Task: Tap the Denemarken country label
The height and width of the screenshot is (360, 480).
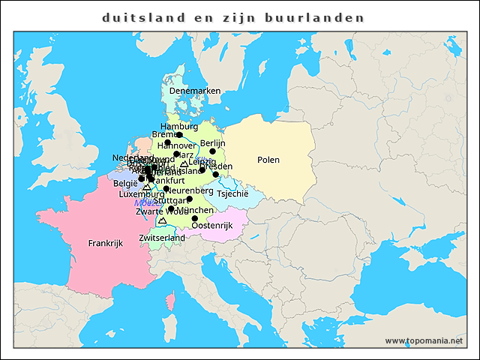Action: (x=195, y=91)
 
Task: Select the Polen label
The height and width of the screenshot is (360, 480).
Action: (x=268, y=160)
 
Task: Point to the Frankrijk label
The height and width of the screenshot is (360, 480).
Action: (x=105, y=243)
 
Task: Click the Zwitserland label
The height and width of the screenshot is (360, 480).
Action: (x=162, y=238)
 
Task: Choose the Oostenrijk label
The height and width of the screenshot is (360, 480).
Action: (x=213, y=225)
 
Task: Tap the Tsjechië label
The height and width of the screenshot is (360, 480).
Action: (x=232, y=193)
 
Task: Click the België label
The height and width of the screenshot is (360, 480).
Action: (x=125, y=183)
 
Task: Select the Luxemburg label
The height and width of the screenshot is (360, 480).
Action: (x=136, y=193)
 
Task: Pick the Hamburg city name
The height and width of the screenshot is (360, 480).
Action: (x=179, y=126)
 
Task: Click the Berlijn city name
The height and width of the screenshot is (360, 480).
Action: (x=213, y=142)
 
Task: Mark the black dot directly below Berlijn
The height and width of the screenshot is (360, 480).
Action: (x=213, y=151)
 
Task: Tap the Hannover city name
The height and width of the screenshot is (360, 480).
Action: (x=177, y=145)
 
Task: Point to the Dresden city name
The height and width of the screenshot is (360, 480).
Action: (x=217, y=166)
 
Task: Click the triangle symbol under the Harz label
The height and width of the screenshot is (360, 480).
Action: (x=184, y=163)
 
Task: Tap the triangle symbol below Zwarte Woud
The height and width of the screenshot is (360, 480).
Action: (x=162, y=221)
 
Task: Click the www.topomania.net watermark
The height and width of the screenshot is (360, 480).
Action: (x=424, y=340)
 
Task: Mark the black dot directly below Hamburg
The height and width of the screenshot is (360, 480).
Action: (x=179, y=135)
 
